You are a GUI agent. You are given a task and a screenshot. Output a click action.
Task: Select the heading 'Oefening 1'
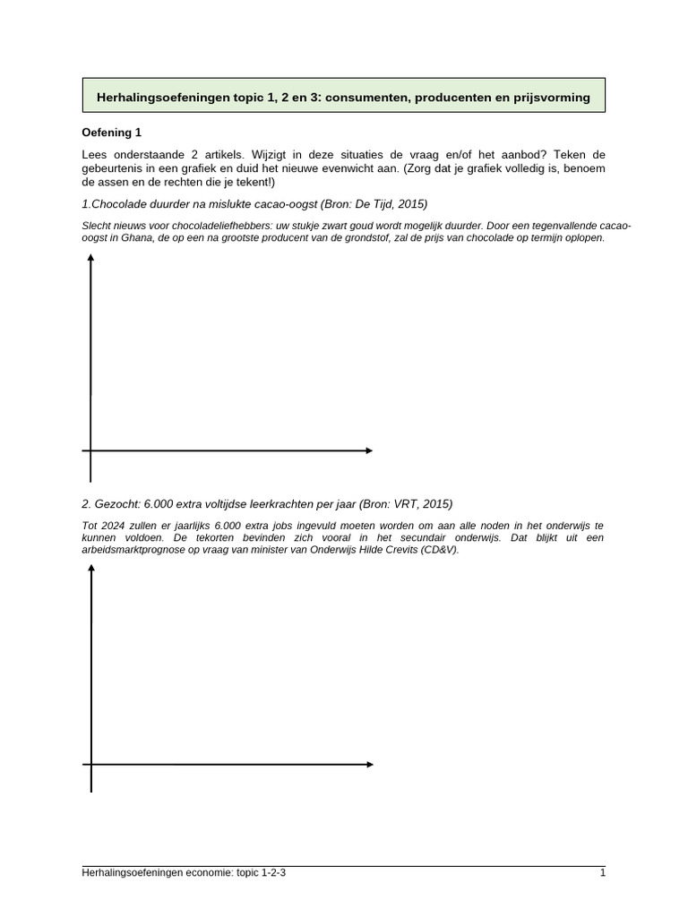tap(112, 133)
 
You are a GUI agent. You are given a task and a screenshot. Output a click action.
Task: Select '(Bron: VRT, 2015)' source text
tap(406, 503)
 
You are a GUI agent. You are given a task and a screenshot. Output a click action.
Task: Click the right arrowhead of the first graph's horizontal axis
tap(368, 450)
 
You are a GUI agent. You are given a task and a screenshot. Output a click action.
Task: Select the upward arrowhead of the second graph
tap(90, 571)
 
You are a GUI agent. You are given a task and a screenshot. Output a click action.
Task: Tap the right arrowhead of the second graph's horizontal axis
tap(368, 764)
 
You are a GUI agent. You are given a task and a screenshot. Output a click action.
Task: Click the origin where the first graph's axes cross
tap(90, 450)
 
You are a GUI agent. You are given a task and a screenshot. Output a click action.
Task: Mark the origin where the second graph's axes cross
tap(90, 764)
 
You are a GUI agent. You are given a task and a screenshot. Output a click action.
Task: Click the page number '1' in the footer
tap(603, 872)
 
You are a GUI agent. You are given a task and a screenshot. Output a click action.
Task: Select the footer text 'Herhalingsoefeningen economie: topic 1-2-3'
tap(184, 872)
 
